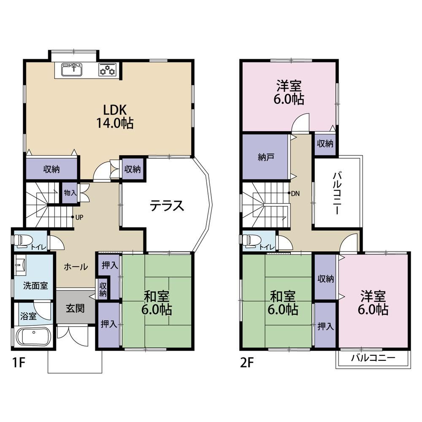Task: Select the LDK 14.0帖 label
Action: (115, 116)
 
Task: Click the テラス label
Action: (167, 206)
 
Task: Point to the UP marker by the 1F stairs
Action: (77, 217)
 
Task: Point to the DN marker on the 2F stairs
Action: (294, 193)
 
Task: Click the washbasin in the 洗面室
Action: (20, 265)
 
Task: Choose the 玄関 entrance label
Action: (76, 308)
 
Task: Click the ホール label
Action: (76, 267)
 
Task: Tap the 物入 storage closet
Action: (70, 193)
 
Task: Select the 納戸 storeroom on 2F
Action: (265, 157)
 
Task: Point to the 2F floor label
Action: (247, 363)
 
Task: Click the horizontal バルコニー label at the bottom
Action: (373, 358)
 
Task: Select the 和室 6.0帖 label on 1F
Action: (157, 303)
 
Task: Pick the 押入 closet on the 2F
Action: (325, 326)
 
